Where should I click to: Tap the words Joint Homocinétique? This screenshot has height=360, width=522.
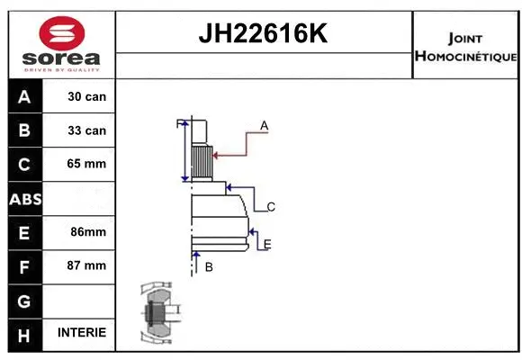(x=464, y=47)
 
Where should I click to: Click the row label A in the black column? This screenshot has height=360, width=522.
(x=24, y=96)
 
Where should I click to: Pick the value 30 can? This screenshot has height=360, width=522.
(x=86, y=96)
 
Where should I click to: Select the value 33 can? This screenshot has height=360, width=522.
(x=86, y=130)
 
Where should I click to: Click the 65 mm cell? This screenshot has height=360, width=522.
(x=86, y=164)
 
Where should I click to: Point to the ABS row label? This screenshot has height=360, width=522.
(x=24, y=198)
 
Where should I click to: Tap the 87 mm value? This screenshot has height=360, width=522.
(x=86, y=265)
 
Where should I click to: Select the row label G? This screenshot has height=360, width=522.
(x=24, y=299)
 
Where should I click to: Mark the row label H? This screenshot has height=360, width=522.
(x=24, y=333)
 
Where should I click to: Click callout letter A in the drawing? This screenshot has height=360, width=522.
(x=265, y=125)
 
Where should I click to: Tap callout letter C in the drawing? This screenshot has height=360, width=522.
(x=271, y=207)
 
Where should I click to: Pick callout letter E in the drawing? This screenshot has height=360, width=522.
(x=267, y=243)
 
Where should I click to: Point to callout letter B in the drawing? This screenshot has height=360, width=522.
(x=209, y=266)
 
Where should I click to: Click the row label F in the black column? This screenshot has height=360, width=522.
(x=24, y=265)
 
